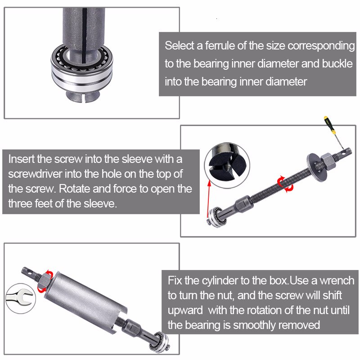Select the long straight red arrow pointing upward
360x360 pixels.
[208, 198]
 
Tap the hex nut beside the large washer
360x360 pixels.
[329, 162]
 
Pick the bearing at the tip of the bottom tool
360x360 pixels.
[160, 342]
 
